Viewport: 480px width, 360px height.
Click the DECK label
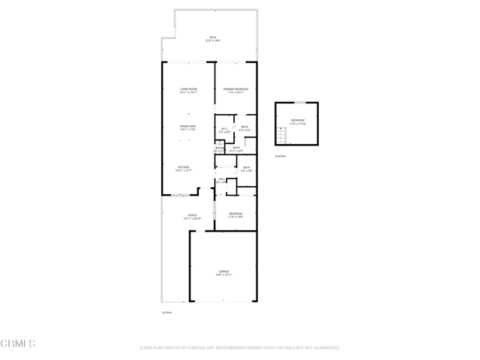coord(213,38)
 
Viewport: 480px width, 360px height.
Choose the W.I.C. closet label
coord(224,130)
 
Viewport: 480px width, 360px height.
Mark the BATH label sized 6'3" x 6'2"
coord(245,128)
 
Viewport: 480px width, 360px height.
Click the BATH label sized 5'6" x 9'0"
coord(246,169)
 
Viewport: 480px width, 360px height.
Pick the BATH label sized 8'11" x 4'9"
coord(236,148)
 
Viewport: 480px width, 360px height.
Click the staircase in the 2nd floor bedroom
coord(282,136)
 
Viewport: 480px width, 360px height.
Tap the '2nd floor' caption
coord(280,156)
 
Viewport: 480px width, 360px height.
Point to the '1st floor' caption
coord(167,312)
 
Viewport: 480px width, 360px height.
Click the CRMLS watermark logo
coord(19,343)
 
